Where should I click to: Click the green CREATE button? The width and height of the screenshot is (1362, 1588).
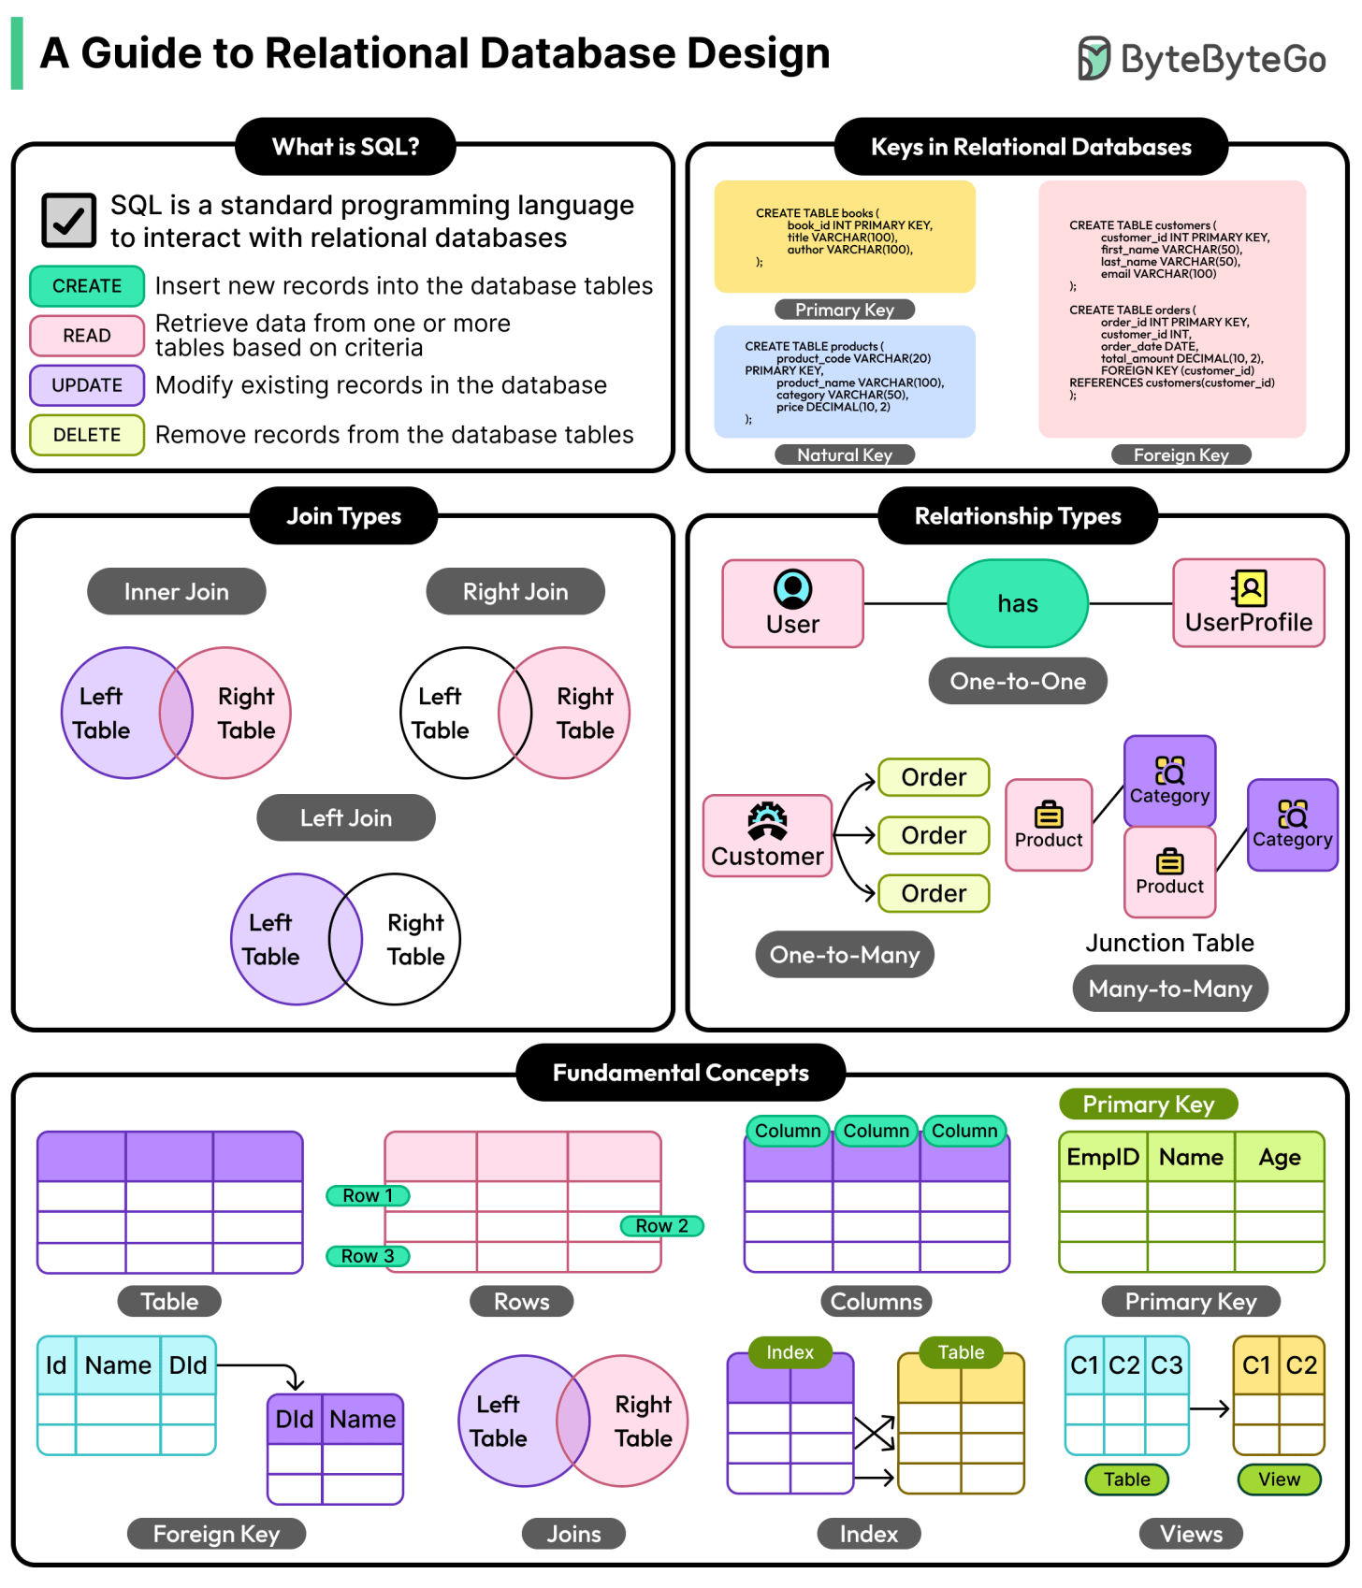[x=87, y=286]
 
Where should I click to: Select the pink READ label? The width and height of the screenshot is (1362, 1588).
[x=87, y=336]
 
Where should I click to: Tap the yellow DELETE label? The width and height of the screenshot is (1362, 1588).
[x=87, y=435]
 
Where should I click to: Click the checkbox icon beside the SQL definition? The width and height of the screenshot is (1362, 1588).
[x=68, y=220]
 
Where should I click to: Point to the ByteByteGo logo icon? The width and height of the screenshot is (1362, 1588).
[x=1093, y=58]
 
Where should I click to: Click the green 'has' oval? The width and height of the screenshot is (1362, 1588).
[x=1018, y=604]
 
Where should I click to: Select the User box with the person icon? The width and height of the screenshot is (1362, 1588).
[x=792, y=604]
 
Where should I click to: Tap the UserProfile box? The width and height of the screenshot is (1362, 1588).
[x=1249, y=604]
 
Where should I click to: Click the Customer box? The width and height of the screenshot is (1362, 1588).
[x=767, y=836]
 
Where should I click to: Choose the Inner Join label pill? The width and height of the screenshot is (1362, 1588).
[x=176, y=592]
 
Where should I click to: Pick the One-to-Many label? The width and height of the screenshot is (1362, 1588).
[x=845, y=955]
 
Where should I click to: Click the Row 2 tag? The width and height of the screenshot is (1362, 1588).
[x=661, y=1226]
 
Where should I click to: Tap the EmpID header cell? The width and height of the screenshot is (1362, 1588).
[x=1103, y=1158]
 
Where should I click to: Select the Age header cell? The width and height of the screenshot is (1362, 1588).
[x=1280, y=1158]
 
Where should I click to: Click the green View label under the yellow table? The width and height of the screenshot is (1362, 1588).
[x=1279, y=1480]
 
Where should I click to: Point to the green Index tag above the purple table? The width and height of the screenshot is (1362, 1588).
[x=790, y=1352]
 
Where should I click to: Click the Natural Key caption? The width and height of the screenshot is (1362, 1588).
[x=845, y=455]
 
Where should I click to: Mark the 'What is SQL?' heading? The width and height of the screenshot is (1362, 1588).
[x=345, y=147]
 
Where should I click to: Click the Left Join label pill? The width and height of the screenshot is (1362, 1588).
[x=346, y=818]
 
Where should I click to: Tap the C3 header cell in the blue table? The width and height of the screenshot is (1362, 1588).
[x=1166, y=1365]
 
